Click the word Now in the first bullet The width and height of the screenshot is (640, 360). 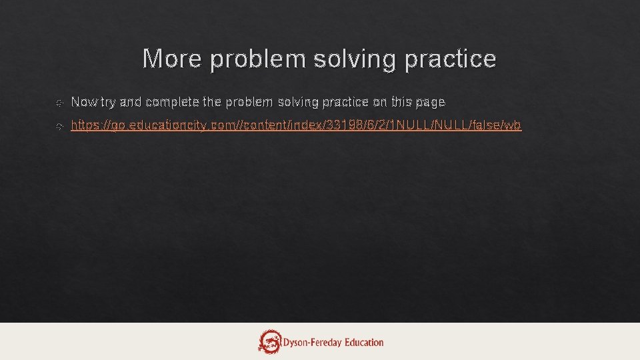[x=83, y=102]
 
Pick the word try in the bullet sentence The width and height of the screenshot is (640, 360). [x=107, y=103]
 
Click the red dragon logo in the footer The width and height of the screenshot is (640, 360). [x=271, y=341]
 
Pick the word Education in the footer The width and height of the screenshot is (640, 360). [x=364, y=343]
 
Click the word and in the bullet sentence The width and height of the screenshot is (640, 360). [x=131, y=102]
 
